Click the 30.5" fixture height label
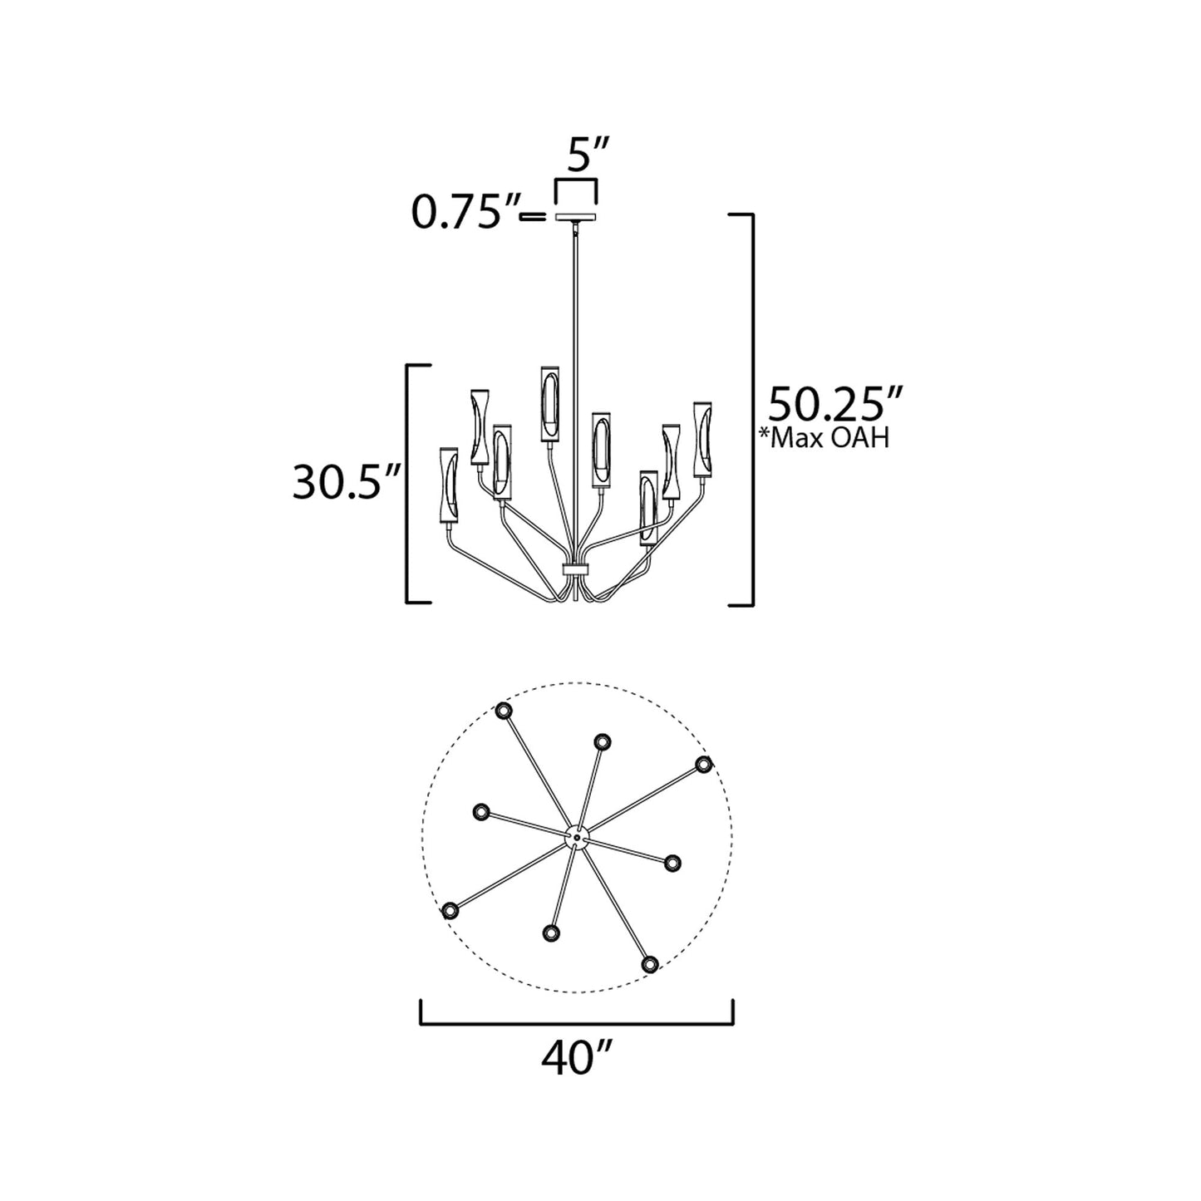click(x=347, y=483)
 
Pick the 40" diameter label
click(x=576, y=1058)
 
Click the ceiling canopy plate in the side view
click(x=575, y=217)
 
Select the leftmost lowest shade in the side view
click(x=448, y=488)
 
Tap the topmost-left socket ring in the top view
click(x=504, y=711)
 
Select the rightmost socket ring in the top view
click(x=704, y=764)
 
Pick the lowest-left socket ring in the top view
click(x=450, y=911)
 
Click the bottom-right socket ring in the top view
click(x=650, y=963)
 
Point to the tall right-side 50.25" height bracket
click(x=752, y=409)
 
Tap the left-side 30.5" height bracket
click(x=407, y=483)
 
